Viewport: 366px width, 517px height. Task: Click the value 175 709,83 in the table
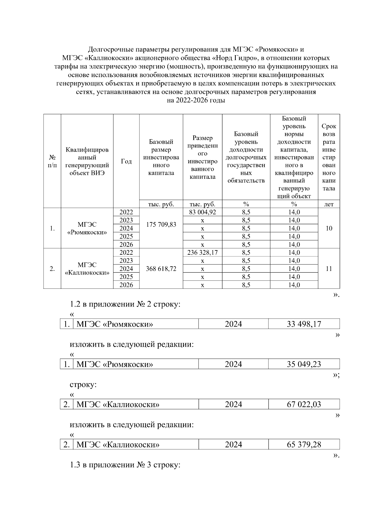pyautogui.click(x=161, y=225)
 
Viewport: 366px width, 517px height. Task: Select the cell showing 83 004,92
pyautogui.click(x=203, y=212)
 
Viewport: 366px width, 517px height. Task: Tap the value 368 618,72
pyautogui.click(x=161, y=269)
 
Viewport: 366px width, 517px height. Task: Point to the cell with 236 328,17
pyautogui.click(x=203, y=253)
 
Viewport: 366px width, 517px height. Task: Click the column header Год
pyautogui.click(x=126, y=161)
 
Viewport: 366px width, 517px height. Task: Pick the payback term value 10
pyautogui.click(x=329, y=228)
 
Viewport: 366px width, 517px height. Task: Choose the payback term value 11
pyautogui.click(x=329, y=269)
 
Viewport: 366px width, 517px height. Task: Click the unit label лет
pyautogui.click(x=329, y=204)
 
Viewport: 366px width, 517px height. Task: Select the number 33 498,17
pyautogui.click(x=304, y=324)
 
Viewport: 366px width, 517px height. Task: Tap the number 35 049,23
pyautogui.click(x=304, y=364)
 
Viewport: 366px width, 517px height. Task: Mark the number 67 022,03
pyautogui.click(x=304, y=404)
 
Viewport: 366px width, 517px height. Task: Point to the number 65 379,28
pyautogui.click(x=304, y=444)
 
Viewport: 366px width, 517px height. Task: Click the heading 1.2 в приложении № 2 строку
pyautogui.click(x=125, y=304)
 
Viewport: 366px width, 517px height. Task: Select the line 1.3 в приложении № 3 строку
pyautogui.click(x=125, y=465)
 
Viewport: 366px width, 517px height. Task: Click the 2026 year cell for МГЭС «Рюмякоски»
pyautogui.click(x=126, y=244)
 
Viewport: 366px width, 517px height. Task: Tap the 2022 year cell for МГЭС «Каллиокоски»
pyautogui.click(x=126, y=253)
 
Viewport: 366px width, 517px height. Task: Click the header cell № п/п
pyautogui.click(x=52, y=161)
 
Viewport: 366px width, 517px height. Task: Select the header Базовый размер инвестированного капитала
pyautogui.click(x=161, y=157)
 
